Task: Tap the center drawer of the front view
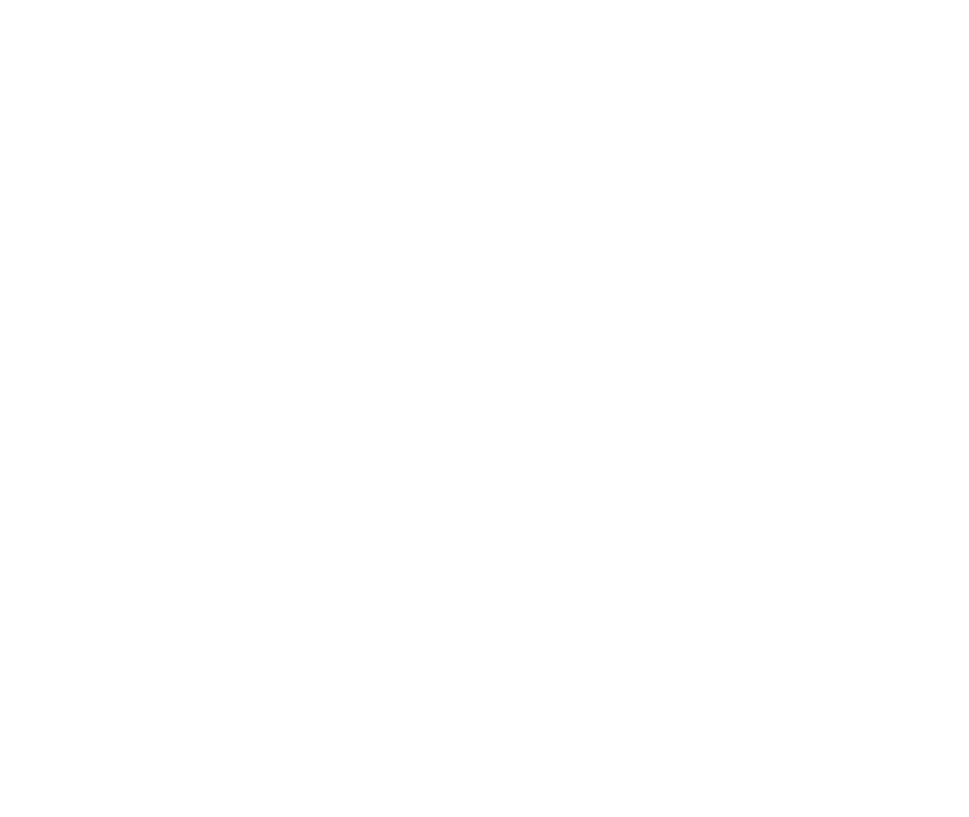(294, 318)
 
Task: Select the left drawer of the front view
(165, 318)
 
